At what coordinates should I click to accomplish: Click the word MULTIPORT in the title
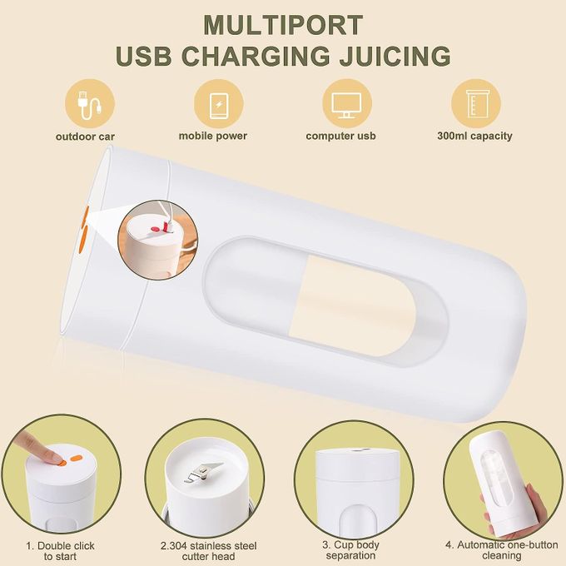(x=283, y=25)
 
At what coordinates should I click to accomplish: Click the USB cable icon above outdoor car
(x=90, y=104)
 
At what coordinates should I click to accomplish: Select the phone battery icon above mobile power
(x=219, y=104)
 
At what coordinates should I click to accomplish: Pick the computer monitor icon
(x=346, y=105)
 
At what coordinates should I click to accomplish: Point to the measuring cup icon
(x=475, y=104)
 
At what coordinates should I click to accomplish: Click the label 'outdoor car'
(x=85, y=137)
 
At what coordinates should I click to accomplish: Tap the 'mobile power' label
(x=213, y=136)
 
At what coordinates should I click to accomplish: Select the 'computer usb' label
(x=340, y=136)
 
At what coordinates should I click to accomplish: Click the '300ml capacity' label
(x=474, y=136)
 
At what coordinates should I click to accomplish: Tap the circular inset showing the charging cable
(x=158, y=240)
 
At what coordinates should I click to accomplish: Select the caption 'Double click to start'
(x=60, y=550)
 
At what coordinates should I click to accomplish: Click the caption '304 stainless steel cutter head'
(x=209, y=550)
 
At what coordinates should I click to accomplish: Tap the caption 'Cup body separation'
(x=350, y=549)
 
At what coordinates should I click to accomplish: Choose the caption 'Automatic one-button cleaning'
(x=502, y=549)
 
